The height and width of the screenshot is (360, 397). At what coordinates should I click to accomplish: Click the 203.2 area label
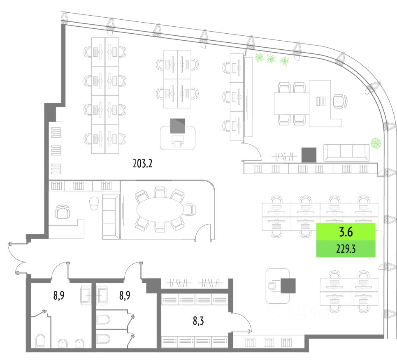(143, 164)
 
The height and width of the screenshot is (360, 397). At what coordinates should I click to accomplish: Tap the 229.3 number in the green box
(346, 249)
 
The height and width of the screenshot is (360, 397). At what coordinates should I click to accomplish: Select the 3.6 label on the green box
(346, 233)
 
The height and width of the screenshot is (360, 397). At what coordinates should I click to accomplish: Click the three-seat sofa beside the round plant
(346, 152)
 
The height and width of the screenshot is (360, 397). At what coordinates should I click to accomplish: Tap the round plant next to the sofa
(375, 143)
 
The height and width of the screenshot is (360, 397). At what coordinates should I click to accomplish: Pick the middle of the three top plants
(271, 58)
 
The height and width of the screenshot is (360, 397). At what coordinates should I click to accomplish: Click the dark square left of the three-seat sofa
(309, 155)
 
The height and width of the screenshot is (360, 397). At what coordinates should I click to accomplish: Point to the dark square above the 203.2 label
(178, 125)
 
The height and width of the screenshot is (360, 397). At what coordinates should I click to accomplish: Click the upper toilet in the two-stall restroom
(103, 320)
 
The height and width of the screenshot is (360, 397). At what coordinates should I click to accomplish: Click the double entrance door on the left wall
(16, 258)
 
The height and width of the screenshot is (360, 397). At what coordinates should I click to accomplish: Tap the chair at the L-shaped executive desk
(339, 101)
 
